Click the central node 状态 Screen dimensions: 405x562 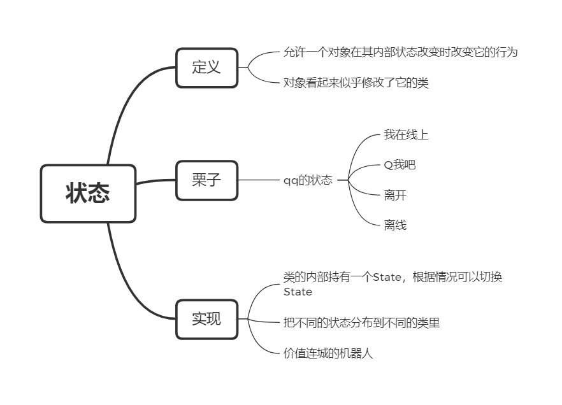(x=88, y=194)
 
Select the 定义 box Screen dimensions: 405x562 (x=206, y=67)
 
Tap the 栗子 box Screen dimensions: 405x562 (x=206, y=180)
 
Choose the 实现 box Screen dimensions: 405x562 (x=206, y=319)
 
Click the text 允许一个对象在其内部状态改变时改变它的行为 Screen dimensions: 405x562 (x=400, y=53)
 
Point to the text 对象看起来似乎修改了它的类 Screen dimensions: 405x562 (x=356, y=83)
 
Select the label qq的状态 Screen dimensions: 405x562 (x=308, y=180)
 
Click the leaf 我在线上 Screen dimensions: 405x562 (x=406, y=135)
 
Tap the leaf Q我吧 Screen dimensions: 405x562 (x=400, y=165)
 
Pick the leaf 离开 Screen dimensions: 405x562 (x=394, y=195)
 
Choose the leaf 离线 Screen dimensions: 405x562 (x=394, y=225)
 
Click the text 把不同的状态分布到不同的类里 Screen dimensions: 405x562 (x=361, y=323)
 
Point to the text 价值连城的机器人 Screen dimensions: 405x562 (x=328, y=353)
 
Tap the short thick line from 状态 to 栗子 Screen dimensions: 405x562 (x=155, y=181)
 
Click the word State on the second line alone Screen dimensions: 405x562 (x=298, y=292)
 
